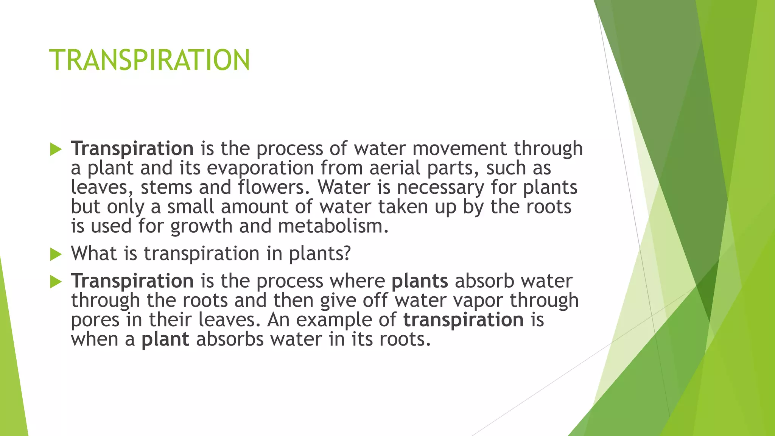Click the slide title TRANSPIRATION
point(149,60)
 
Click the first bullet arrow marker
point(56,149)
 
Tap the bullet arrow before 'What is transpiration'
point(56,254)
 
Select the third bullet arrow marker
point(56,282)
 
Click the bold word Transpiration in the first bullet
point(132,148)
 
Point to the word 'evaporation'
point(260,168)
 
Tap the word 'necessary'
point(440,187)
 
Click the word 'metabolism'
point(333,226)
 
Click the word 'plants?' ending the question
point(320,254)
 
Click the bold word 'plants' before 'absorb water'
point(420,281)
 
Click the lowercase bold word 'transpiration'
point(463,320)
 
